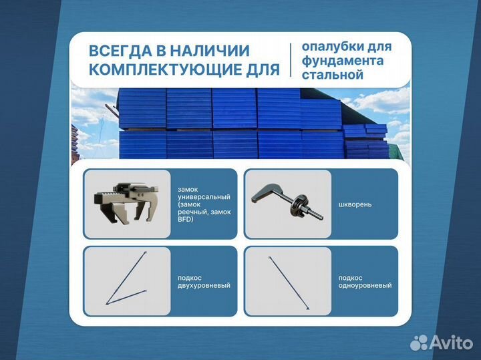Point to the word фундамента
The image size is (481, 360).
coord(342,61)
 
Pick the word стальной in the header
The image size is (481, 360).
coord(332,75)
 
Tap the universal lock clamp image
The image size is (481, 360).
coord(126,202)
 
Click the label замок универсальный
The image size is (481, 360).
coord(200,193)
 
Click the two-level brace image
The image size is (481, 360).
coord(126,281)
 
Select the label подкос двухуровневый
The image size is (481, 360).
coord(204,281)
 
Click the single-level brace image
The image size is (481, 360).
coord(288,281)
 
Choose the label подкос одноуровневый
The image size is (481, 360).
coord(365,281)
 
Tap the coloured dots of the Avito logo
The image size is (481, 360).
coord(419,343)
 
